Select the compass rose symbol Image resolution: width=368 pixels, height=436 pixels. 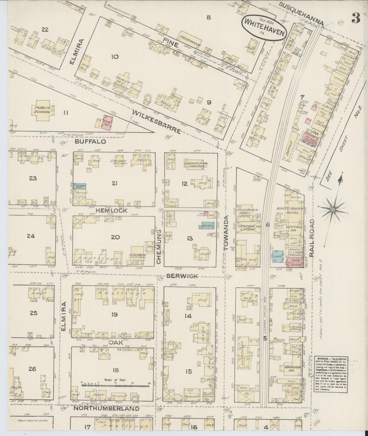tap(333, 209)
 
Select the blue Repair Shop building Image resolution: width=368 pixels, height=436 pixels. tap(79, 186)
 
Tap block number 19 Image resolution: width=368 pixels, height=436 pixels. tap(114, 314)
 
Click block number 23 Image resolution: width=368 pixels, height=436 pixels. tap(33, 178)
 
